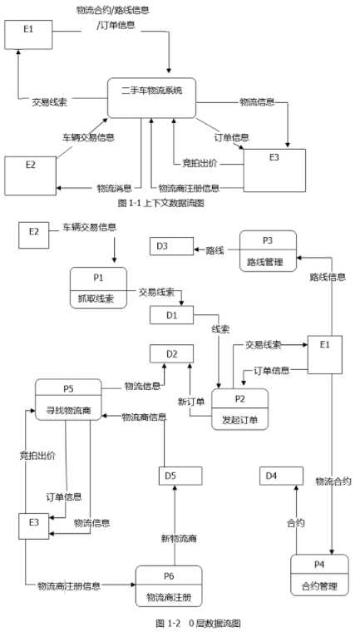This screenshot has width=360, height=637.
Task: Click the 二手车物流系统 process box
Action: click(x=151, y=98)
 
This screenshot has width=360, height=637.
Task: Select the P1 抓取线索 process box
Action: click(x=98, y=288)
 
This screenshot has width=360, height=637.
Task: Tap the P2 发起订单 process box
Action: click(x=239, y=409)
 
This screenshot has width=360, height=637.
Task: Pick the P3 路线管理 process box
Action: click(x=268, y=251)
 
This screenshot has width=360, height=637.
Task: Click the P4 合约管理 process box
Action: click(x=319, y=575)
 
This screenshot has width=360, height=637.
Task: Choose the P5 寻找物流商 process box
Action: click(x=68, y=400)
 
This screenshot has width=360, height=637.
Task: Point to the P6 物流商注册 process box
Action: click(x=169, y=586)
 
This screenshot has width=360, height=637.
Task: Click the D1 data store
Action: click(x=171, y=315)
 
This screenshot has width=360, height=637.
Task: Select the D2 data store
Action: click(x=171, y=353)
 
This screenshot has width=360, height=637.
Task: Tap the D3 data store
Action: click(x=171, y=246)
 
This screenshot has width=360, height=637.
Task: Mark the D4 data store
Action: click(x=281, y=476)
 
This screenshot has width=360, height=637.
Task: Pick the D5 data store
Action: click(x=180, y=476)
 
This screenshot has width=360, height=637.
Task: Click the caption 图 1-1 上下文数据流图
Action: click(x=161, y=203)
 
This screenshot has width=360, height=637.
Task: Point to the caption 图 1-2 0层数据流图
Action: click(x=199, y=623)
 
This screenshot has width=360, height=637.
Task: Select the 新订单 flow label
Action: click(x=191, y=402)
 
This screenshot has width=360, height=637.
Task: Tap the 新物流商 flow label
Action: click(x=179, y=539)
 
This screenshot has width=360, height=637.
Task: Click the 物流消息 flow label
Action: click(x=114, y=188)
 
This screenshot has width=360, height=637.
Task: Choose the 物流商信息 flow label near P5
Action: click(x=144, y=417)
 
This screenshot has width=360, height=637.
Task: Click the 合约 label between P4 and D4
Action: click(x=296, y=523)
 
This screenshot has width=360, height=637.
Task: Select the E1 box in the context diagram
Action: click(x=28, y=35)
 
